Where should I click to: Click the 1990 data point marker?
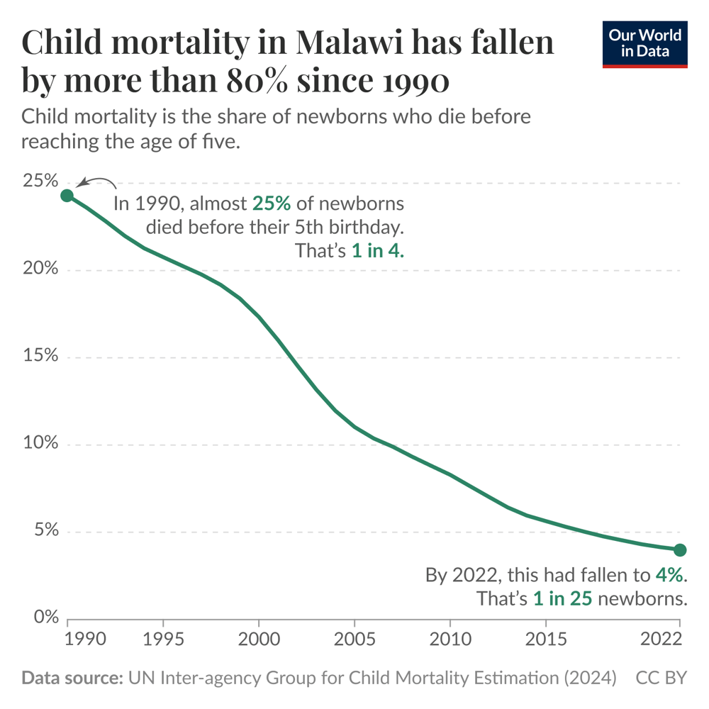[x=67, y=196]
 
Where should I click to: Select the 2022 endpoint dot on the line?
[x=680, y=549]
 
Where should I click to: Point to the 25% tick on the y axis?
[x=39, y=182]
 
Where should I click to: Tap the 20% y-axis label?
[x=39, y=269]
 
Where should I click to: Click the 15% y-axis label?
[x=39, y=357]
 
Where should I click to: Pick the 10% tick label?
[x=39, y=445]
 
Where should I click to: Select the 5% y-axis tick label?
[x=44, y=532]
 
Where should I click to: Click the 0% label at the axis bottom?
[x=44, y=618]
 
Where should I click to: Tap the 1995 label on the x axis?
[x=163, y=640]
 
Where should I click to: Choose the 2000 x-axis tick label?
[x=259, y=640]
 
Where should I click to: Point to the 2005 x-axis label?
[x=354, y=640]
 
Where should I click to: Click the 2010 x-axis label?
[x=450, y=640]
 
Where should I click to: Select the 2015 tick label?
[x=545, y=640]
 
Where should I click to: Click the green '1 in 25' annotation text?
[x=562, y=598]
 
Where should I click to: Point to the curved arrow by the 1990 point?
[x=96, y=182]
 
